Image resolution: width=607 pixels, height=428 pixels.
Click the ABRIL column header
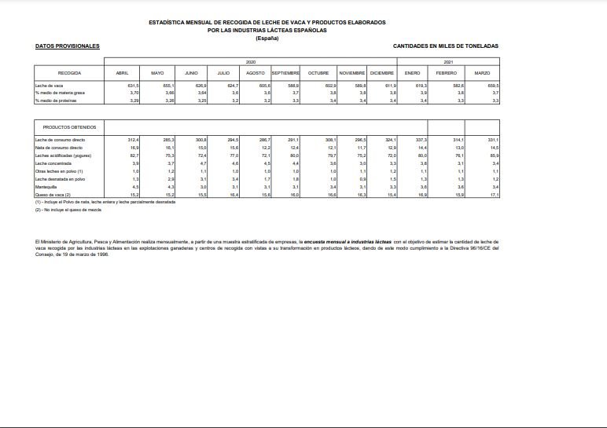click(x=122, y=73)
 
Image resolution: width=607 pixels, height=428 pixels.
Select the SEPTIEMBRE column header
click(x=285, y=73)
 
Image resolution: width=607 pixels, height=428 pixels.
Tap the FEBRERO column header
click(x=446, y=73)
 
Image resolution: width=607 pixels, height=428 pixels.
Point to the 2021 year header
click(x=448, y=61)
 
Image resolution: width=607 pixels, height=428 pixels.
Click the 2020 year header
click(x=251, y=61)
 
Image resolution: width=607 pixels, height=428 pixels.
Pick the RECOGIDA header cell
click(x=69, y=73)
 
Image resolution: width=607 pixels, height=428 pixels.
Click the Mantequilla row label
click(x=45, y=187)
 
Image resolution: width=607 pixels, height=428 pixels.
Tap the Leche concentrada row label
click(x=52, y=163)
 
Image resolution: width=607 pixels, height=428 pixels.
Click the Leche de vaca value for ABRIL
click(x=133, y=85)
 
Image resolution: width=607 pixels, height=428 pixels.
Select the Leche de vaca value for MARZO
click(x=494, y=85)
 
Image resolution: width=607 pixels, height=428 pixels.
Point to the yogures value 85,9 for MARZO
click(x=494, y=155)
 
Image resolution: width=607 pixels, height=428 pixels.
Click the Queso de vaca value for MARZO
click(x=494, y=194)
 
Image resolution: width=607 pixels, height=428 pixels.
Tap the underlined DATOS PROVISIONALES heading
click(x=68, y=46)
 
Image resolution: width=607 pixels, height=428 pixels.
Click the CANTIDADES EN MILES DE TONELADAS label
click(x=445, y=46)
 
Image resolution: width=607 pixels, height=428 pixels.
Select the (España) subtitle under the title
click(x=267, y=38)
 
